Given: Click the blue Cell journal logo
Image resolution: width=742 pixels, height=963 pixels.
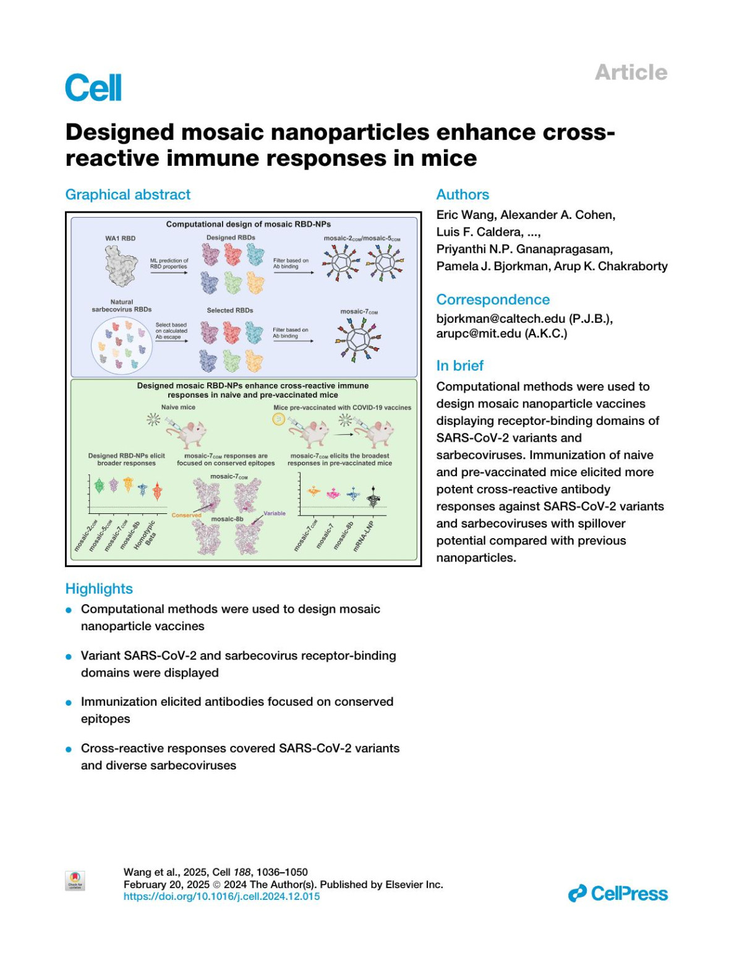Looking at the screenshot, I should [x=93, y=88].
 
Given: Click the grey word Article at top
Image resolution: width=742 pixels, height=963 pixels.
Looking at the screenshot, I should [x=631, y=72].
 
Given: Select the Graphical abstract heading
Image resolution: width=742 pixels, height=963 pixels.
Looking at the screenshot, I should [x=128, y=195].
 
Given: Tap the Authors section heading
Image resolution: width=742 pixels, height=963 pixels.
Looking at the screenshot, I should [x=463, y=195].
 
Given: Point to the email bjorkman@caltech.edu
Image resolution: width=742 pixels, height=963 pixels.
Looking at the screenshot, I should [x=501, y=319].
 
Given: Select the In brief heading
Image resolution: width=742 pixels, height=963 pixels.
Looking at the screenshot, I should [x=459, y=366].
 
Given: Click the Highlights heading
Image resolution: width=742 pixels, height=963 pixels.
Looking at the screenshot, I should [x=99, y=589].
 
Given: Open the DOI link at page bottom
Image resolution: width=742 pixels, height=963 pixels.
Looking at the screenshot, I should [x=221, y=896].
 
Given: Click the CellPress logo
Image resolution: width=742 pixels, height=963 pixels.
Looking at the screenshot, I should [x=618, y=894].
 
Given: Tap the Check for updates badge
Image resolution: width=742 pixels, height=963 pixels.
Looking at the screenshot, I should [x=75, y=880].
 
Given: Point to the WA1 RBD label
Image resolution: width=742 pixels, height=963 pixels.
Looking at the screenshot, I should [x=120, y=238].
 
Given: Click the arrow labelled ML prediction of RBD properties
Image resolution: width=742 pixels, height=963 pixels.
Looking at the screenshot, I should [x=169, y=273].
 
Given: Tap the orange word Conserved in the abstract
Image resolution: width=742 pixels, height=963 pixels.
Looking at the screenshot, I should [x=186, y=515].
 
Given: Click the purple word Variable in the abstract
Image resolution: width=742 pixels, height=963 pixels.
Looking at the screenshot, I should [x=275, y=513].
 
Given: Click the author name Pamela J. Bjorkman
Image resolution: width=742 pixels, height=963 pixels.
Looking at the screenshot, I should [x=485, y=267].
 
